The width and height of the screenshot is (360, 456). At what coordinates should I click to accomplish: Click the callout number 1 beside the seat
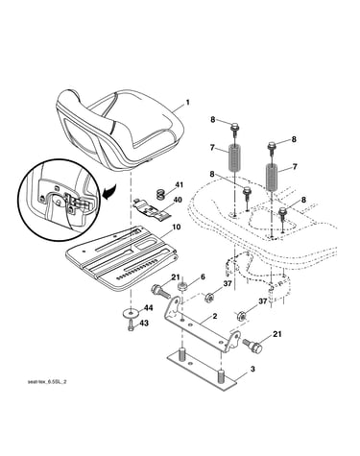(187, 103)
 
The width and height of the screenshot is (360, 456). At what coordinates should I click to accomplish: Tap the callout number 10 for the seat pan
(177, 228)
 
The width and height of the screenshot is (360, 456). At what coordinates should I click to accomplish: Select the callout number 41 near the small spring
(179, 184)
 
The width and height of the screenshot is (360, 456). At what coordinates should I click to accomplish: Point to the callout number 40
(178, 201)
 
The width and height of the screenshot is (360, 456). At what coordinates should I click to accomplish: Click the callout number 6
(203, 276)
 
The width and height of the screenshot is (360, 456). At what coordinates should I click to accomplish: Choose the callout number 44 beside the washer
(149, 308)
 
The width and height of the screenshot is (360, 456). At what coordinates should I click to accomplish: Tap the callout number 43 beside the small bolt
(144, 324)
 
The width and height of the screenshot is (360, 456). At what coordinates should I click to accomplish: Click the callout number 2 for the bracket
(215, 317)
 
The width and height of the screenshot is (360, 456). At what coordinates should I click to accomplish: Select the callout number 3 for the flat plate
(252, 370)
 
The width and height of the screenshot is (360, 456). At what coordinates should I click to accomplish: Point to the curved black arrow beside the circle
(109, 192)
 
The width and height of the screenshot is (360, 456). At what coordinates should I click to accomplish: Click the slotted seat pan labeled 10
(122, 257)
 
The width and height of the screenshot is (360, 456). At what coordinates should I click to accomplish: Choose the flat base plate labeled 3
(203, 369)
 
